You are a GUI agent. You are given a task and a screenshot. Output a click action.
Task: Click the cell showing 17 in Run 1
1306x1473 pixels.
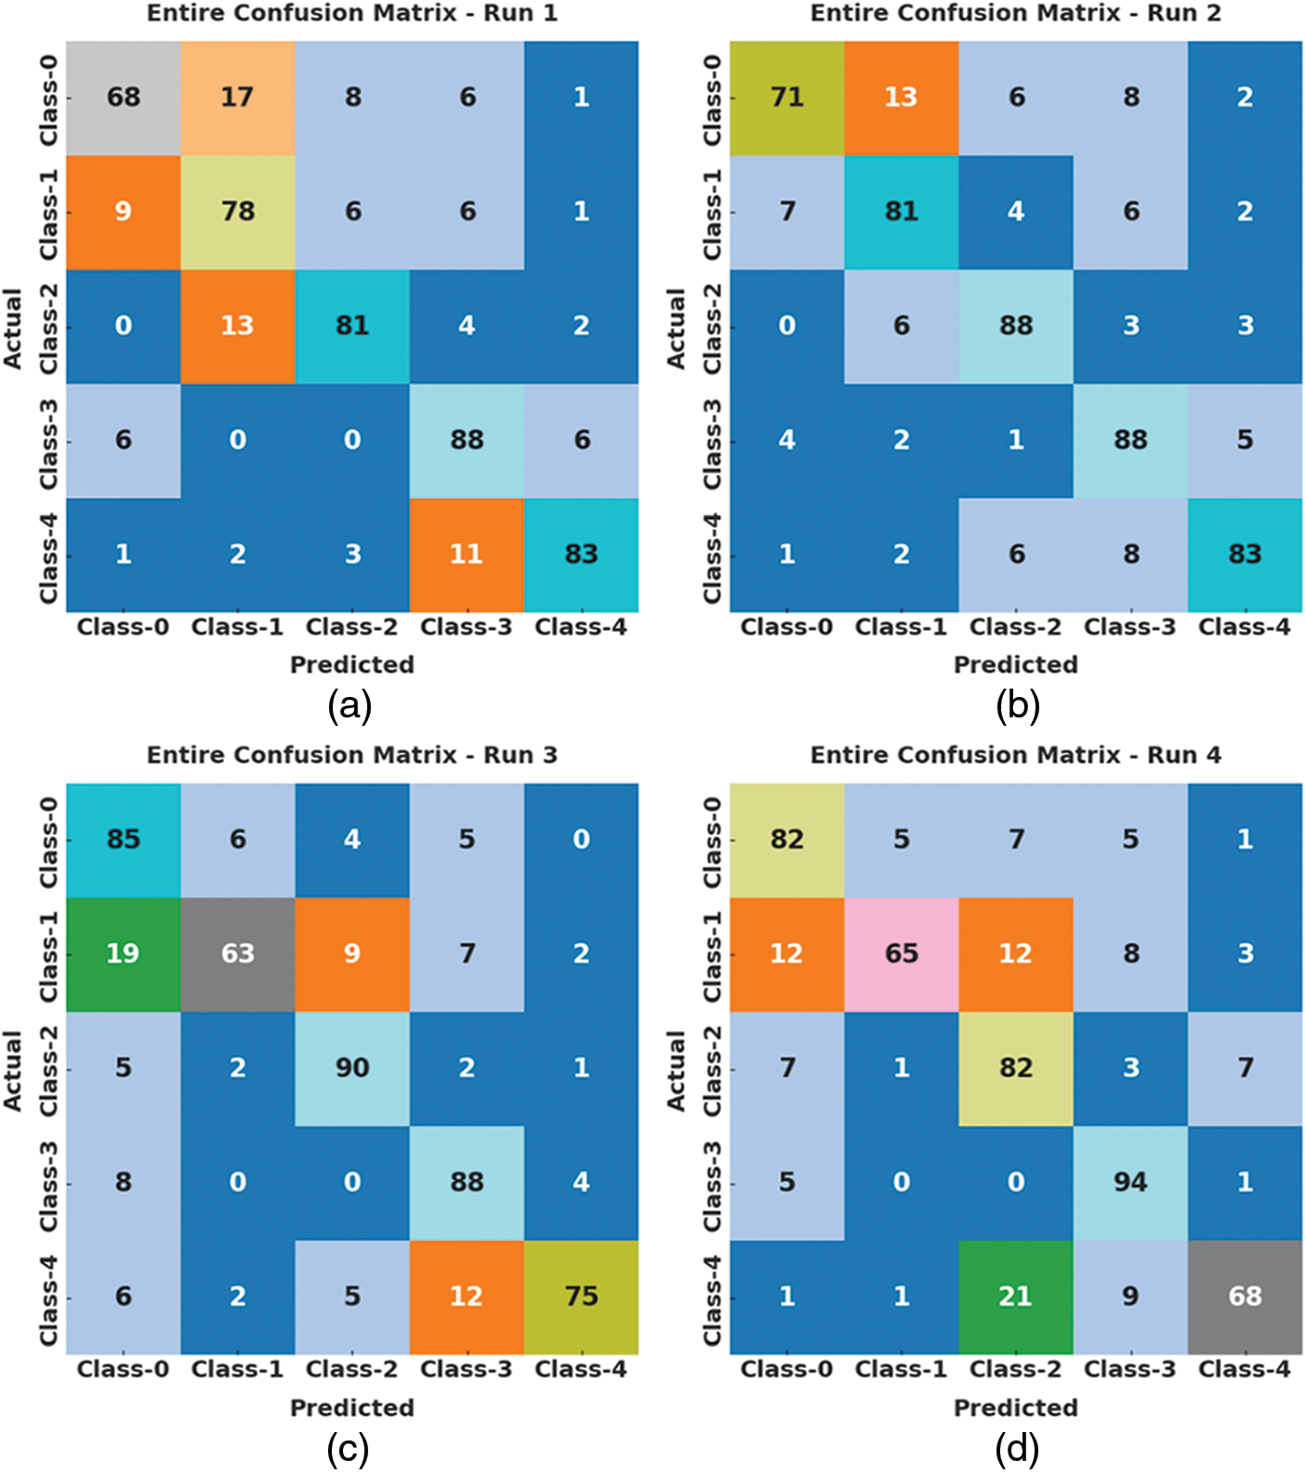(237, 98)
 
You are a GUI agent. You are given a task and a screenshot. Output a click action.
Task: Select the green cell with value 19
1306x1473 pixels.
(123, 954)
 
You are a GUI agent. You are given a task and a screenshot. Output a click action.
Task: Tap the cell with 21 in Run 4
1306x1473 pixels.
(1015, 1296)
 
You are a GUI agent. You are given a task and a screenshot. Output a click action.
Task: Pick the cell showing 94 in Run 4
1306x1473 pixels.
(1130, 1182)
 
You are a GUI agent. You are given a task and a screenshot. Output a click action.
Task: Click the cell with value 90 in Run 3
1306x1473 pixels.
(352, 1068)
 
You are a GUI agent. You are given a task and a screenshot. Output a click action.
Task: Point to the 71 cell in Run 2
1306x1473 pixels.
(786, 98)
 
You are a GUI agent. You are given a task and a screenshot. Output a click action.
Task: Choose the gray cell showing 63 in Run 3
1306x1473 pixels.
(237, 954)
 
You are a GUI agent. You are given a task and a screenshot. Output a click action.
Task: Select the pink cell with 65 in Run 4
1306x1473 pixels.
(901, 954)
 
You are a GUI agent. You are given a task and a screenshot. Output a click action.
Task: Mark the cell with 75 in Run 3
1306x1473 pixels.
(581, 1296)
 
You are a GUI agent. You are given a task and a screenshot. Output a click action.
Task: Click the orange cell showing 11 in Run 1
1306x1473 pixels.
(467, 555)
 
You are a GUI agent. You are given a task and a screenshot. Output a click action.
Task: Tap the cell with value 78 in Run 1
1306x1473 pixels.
(237, 212)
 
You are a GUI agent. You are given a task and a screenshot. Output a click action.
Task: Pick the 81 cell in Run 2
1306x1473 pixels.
(901, 212)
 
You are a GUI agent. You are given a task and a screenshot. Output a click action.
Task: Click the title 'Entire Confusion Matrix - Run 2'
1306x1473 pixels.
(1015, 13)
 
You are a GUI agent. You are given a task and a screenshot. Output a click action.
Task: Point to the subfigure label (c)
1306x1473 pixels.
(349, 1449)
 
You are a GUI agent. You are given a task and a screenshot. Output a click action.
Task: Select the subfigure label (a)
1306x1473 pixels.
(350, 706)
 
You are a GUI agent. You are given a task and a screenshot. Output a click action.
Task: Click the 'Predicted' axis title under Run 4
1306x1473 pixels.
(1015, 1408)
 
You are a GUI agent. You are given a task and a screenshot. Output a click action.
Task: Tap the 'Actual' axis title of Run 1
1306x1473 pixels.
(13, 327)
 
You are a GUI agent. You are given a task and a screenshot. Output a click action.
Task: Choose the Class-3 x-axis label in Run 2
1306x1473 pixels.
(1129, 627)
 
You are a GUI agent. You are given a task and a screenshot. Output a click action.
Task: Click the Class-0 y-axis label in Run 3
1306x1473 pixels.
(48, 841)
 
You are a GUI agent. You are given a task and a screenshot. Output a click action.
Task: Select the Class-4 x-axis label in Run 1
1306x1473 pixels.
(581, 627)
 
